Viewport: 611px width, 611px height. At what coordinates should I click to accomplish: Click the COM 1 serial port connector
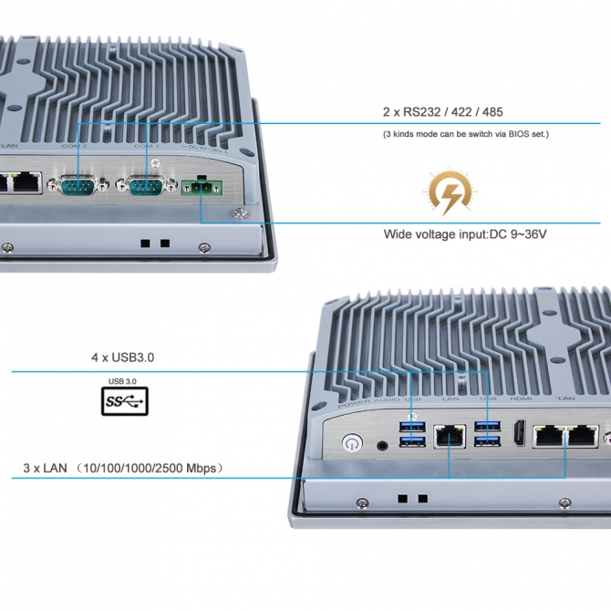(x=146, y=187)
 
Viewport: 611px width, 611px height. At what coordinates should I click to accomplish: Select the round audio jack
(x=381, y=445)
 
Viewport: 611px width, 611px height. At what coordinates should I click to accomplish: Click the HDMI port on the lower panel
(x=519, y=434)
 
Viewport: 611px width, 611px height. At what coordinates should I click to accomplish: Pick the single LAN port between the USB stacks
(x=450, y=436)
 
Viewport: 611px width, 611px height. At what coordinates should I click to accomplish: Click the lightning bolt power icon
(x=451, y=192)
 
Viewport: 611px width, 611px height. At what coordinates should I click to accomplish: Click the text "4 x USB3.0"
(x=123, y=358)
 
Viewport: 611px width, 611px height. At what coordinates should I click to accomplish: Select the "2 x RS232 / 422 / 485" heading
(x=442, y=112)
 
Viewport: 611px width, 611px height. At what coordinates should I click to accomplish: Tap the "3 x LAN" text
(x=47, y=469)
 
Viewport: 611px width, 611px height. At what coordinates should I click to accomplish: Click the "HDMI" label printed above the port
(x=520, y=399)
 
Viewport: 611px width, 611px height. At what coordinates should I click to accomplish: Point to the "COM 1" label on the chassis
(x=147, y=146)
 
